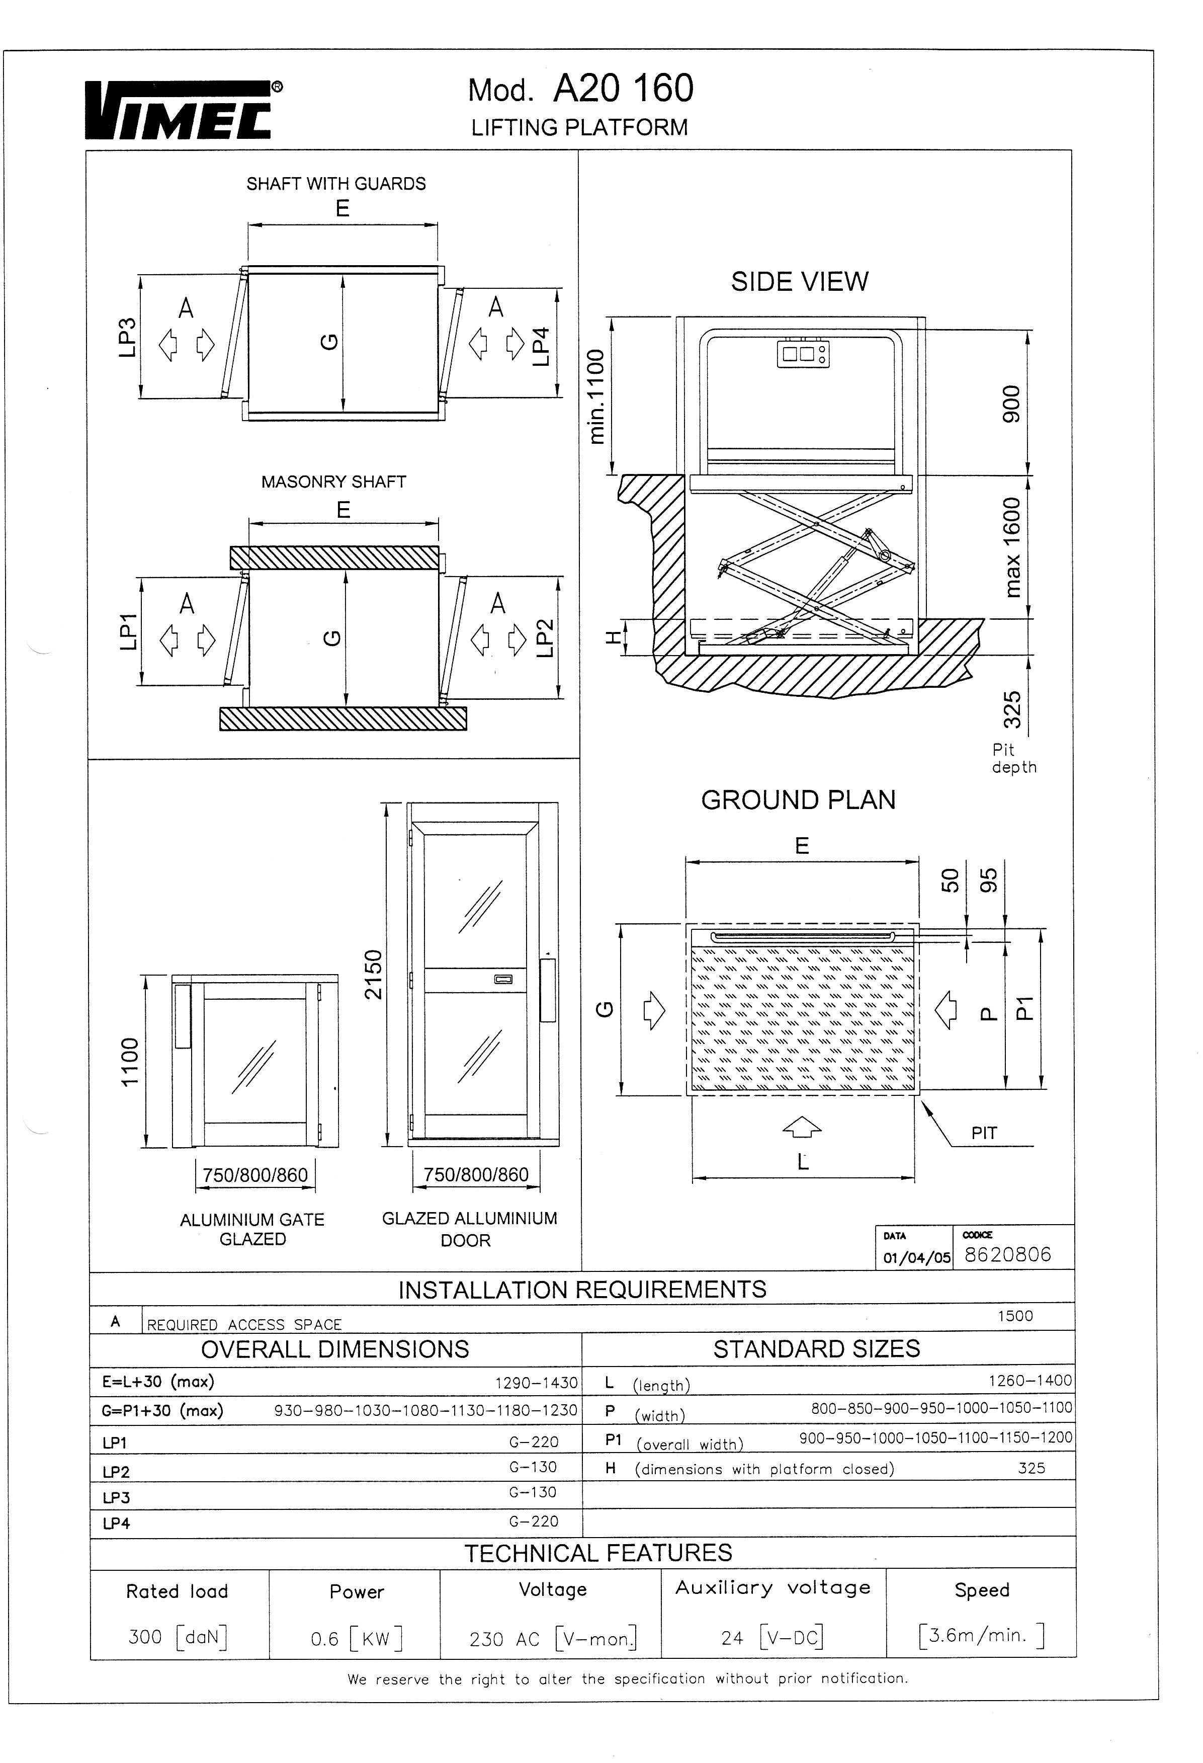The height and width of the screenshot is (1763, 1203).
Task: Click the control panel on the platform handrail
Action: tap(803, 354)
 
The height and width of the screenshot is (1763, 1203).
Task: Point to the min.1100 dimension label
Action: tap(597, 396)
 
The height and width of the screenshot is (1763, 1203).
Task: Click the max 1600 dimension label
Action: tap(1012, 547)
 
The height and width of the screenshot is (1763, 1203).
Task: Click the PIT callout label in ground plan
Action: tap(984, 1134)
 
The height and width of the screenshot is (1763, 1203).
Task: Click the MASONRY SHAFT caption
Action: tap(334, 482)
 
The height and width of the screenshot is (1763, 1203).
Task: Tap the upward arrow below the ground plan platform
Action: tap(802, 1128)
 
